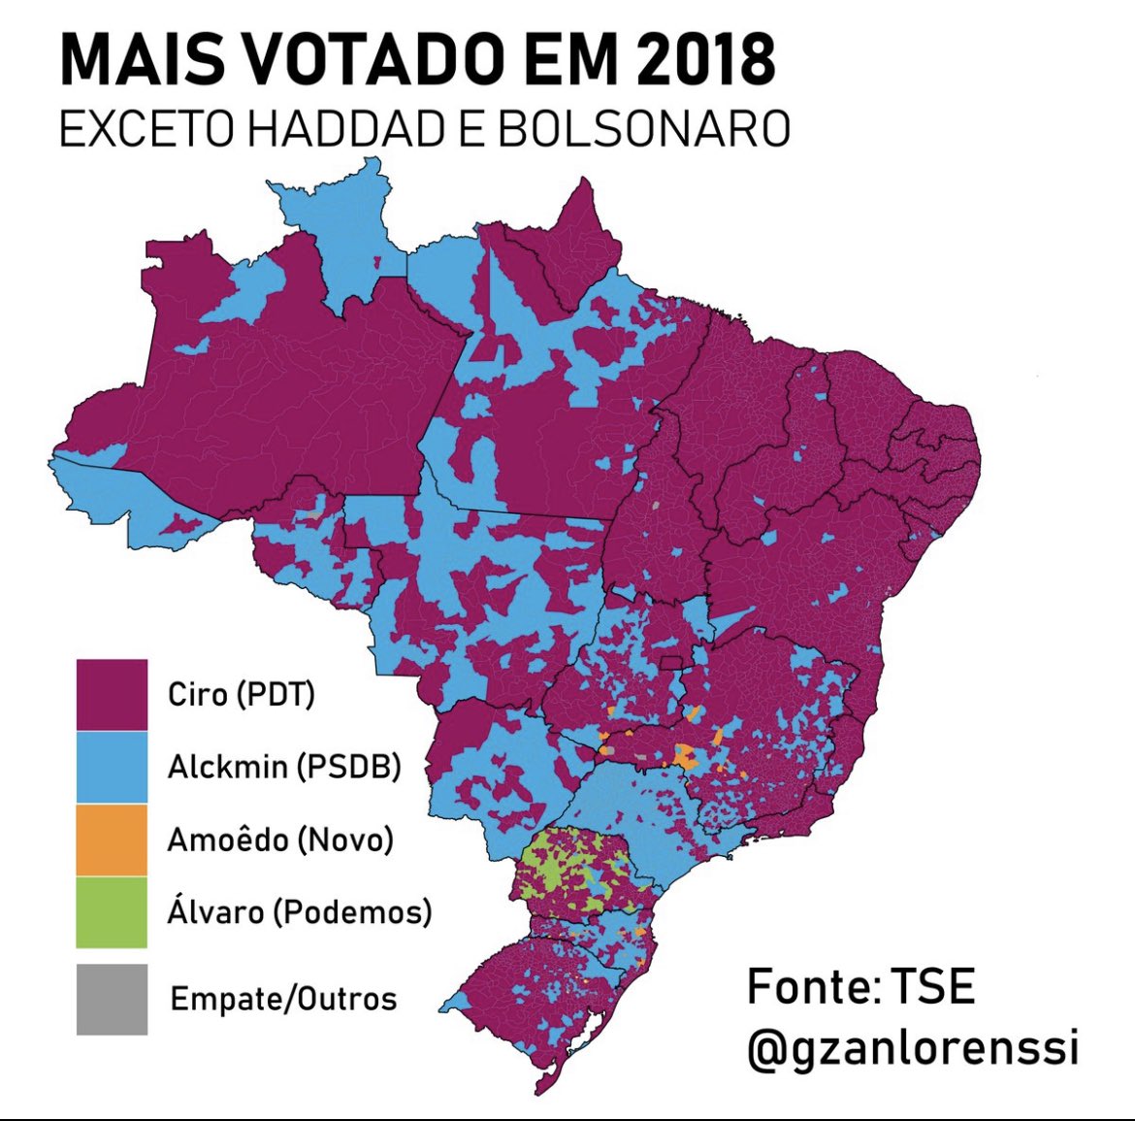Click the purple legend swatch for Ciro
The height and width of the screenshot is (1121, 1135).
112,694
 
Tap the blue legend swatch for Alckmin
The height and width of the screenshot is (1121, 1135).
112,767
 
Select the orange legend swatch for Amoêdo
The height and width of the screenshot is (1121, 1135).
112,840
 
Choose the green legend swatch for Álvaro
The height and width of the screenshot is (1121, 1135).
112,912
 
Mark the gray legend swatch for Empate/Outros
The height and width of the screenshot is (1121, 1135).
112,999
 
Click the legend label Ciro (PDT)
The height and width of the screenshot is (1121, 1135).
241,695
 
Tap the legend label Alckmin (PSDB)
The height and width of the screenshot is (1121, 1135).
284,767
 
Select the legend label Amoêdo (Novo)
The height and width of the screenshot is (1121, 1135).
280,840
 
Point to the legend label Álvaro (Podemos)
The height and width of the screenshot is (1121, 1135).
299,912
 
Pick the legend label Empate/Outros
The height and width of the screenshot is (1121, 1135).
283,999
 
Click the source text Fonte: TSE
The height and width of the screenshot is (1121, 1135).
859,987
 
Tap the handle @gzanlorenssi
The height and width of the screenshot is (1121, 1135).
912,1048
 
